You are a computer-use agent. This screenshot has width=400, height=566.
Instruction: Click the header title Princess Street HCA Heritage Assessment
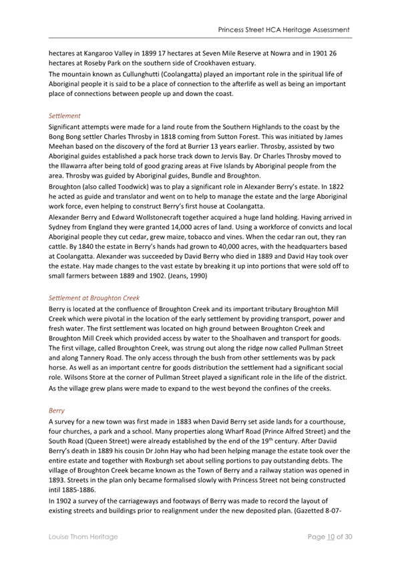click(x=284, y=30)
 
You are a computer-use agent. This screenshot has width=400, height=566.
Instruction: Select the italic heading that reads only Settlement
click(x=65, y=115)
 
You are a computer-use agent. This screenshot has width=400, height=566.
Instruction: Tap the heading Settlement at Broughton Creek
click(x=93, y=297)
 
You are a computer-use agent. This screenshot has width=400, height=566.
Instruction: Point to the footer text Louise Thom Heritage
click(x=81, y=536)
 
